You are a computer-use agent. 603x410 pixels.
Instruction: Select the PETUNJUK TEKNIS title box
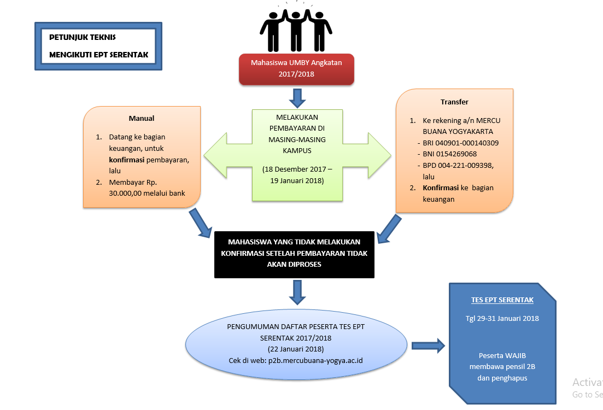98,46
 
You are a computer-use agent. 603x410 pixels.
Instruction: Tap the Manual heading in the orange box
142,118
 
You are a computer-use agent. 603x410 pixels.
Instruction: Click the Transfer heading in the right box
454,102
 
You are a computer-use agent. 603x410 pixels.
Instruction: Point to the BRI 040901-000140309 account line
460,143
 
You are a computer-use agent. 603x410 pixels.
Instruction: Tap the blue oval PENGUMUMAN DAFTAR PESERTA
296,343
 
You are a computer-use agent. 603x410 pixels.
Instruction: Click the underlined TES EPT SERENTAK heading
502,300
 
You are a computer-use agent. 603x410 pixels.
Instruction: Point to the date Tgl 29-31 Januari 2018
502,318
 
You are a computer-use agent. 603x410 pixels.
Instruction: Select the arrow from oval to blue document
429,345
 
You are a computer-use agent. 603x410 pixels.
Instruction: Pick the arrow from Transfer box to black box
391,228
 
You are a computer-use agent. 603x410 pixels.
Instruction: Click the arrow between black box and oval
297,292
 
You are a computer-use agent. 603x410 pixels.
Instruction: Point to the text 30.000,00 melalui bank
147,192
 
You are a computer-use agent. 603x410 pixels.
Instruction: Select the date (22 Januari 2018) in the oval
296,348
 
